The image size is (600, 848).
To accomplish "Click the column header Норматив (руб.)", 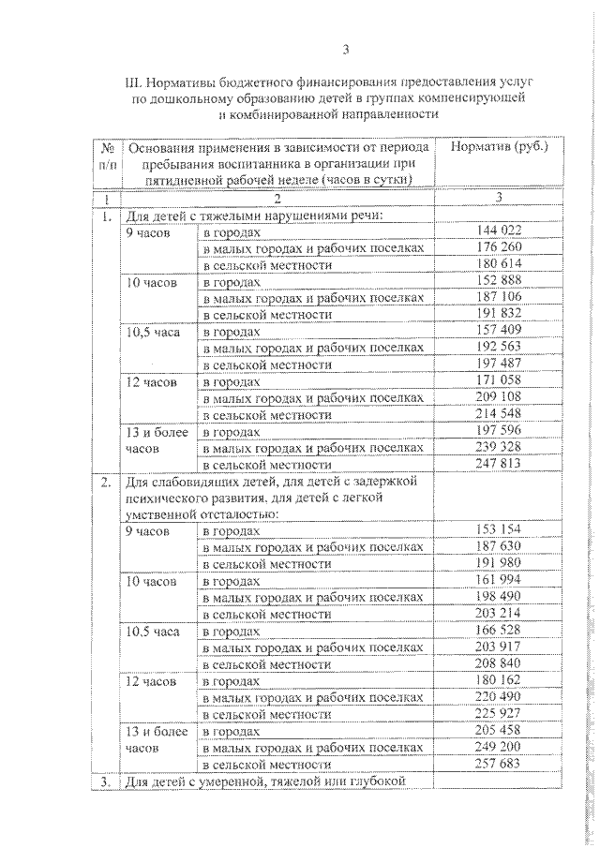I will [x=498, y=147].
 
